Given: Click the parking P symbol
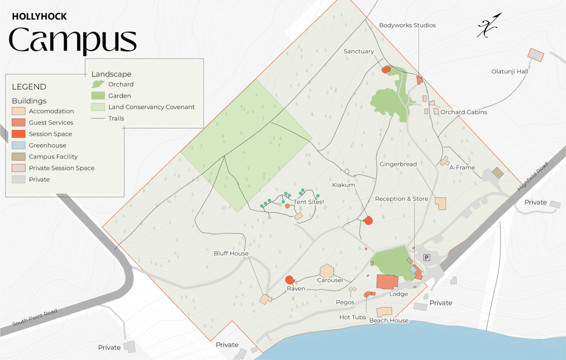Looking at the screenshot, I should point(426,257).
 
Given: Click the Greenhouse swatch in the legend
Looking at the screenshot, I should point(19,145).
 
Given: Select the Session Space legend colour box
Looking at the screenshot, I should point(19,134).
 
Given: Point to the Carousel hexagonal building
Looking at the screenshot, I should point(327,271).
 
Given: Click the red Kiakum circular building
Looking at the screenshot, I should point(368,220).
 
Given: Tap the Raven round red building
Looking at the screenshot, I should point(289,280).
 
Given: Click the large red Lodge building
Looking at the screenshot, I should point(387,282).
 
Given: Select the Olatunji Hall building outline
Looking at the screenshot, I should point(536,55).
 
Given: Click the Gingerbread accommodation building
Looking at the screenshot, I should point(441,203).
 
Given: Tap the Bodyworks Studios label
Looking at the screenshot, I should point(407,25).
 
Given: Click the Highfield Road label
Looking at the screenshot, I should point(532,177).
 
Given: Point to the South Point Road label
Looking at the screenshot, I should point(35,317).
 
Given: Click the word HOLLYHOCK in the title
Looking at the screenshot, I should point(39,17).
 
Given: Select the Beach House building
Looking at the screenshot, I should point(384,311).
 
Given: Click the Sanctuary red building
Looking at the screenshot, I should point(386,69).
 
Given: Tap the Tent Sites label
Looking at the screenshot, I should point(308,202).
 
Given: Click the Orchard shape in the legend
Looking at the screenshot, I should point(98,84).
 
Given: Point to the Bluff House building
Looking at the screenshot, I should point(266,299).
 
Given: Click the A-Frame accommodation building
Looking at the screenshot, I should point(444,161).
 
